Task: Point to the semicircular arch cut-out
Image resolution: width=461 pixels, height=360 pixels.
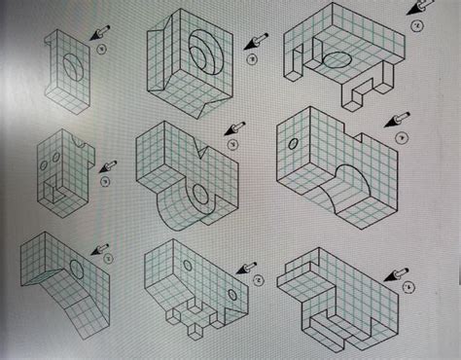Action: point(346,186)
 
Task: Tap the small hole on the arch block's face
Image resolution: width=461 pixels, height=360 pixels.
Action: point(293,144)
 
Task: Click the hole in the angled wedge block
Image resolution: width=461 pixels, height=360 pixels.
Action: point(76,266)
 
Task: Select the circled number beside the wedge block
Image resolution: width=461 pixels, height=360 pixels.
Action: point(108,259)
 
